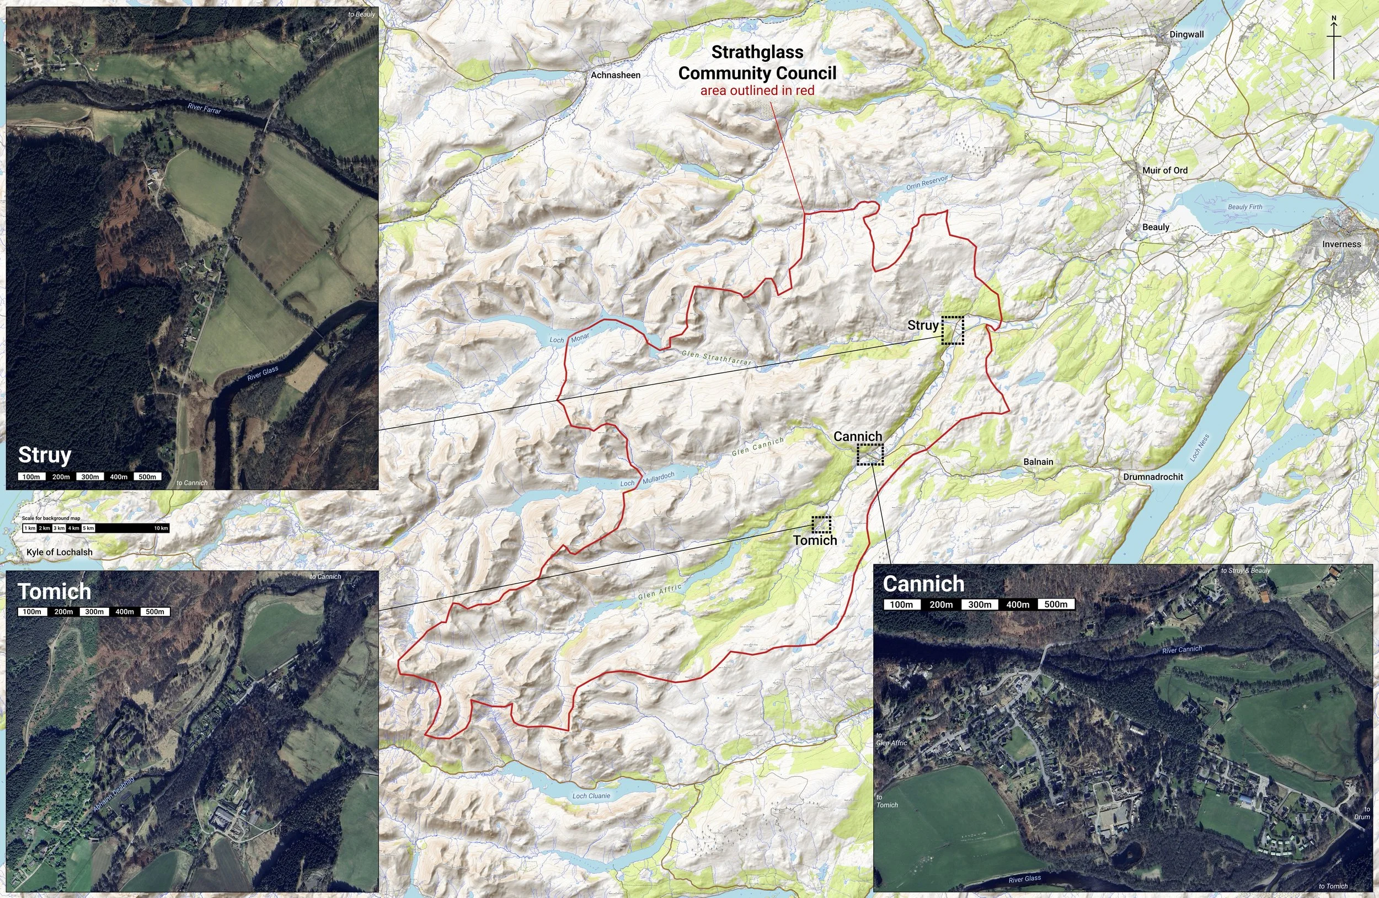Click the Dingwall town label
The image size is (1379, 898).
[x=1186, y=35]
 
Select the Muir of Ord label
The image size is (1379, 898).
[x=1164, y=170]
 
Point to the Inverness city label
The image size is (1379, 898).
[x=1341, y=244]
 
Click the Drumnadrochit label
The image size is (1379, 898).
[x=1153, y=476]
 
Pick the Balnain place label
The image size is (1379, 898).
[x=1038, y=462]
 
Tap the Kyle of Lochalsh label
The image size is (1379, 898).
[x=59, y=552]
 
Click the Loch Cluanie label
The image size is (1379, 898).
[x=591, y=795]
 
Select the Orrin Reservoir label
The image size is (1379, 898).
[x=927, y=184]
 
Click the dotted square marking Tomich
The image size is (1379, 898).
[x=821, y=525]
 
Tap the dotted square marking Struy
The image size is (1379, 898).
[x=952, y=330]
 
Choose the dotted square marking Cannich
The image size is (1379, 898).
[x=870, y=454]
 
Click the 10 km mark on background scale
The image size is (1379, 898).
[x=161, y=528]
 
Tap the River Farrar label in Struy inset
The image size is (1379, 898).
[x=204, y=108]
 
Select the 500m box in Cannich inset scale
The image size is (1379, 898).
[x=1056, y=604]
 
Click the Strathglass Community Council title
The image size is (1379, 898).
[x=757, y=62]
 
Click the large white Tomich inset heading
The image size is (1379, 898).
[x=55, y=591]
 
